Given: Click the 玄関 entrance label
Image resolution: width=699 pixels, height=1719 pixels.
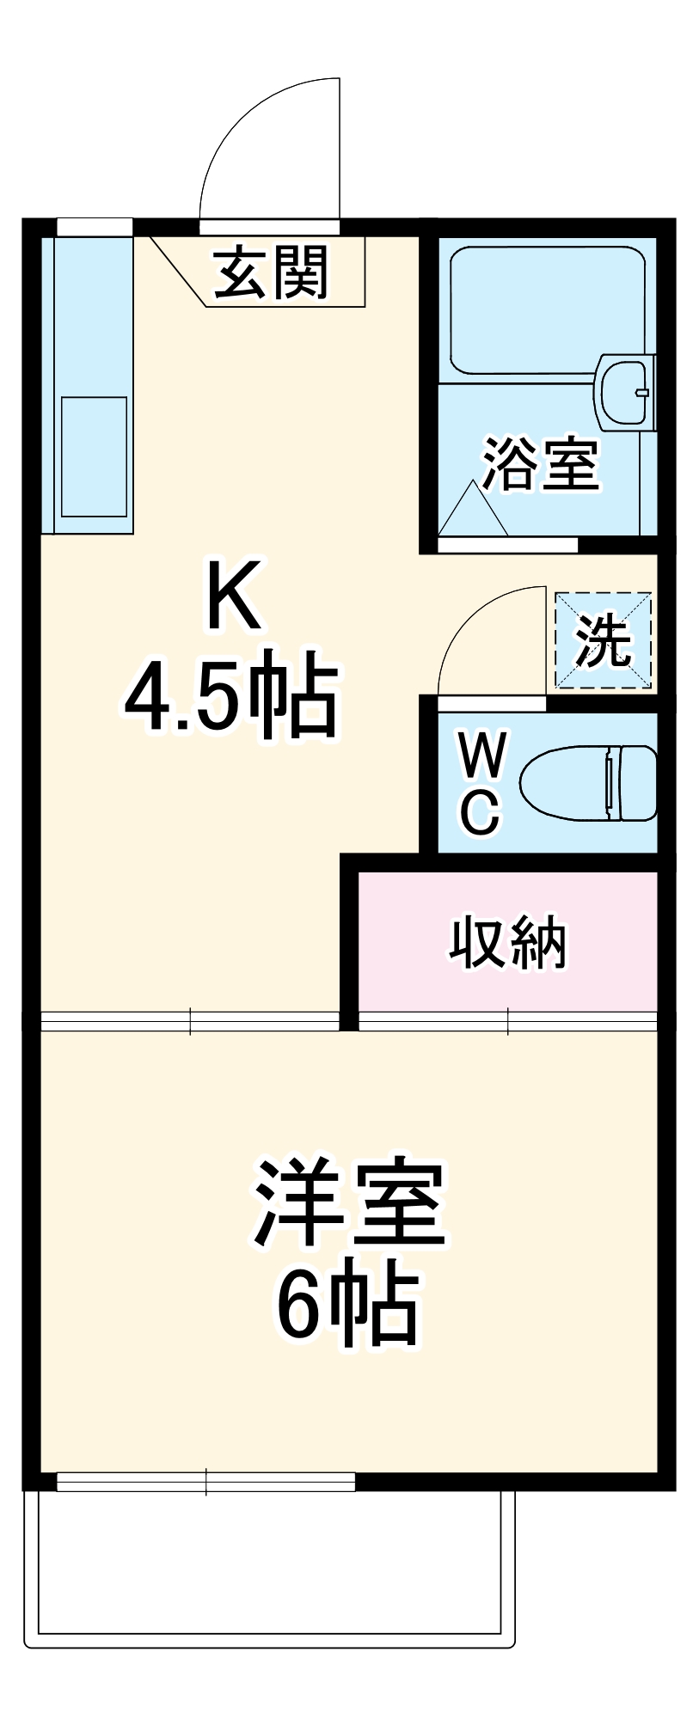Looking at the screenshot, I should click(272, 273).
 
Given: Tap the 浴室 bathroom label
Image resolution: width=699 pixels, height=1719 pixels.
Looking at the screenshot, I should click(541, 465).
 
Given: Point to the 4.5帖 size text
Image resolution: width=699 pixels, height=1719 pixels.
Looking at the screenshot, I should click(230, 694).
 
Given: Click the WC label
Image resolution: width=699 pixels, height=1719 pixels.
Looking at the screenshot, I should click(480, 782).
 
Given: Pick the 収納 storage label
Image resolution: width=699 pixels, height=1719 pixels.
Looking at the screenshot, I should click(509, 944).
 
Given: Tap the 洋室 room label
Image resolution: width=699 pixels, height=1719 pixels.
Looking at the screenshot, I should click(349, 1205).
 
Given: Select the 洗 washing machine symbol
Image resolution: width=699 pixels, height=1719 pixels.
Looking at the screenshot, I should click(603, 640).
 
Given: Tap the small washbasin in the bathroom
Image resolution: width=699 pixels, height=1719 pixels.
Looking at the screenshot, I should click(624, 391).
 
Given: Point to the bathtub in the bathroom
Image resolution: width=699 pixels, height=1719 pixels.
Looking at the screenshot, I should click(547, 309).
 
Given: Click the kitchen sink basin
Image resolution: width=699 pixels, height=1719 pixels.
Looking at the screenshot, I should click(94, 456).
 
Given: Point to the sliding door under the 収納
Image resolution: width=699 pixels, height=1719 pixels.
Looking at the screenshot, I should click(507, 1021).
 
